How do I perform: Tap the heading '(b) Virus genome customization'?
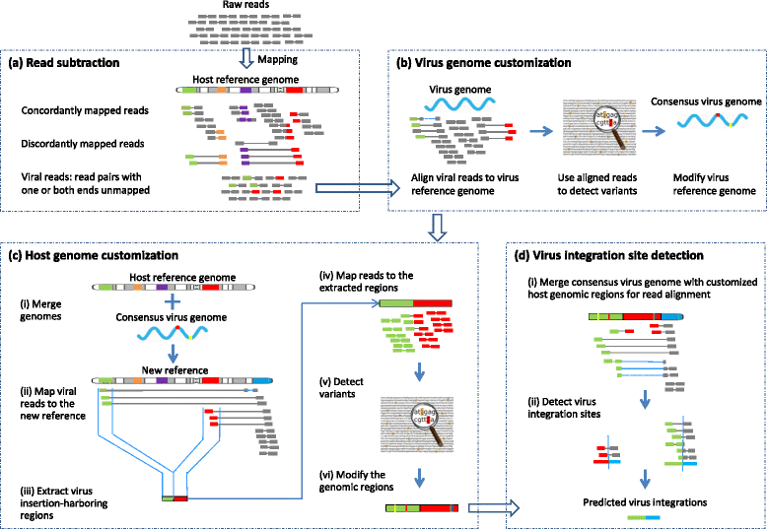483,63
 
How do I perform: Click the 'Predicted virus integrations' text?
644,502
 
